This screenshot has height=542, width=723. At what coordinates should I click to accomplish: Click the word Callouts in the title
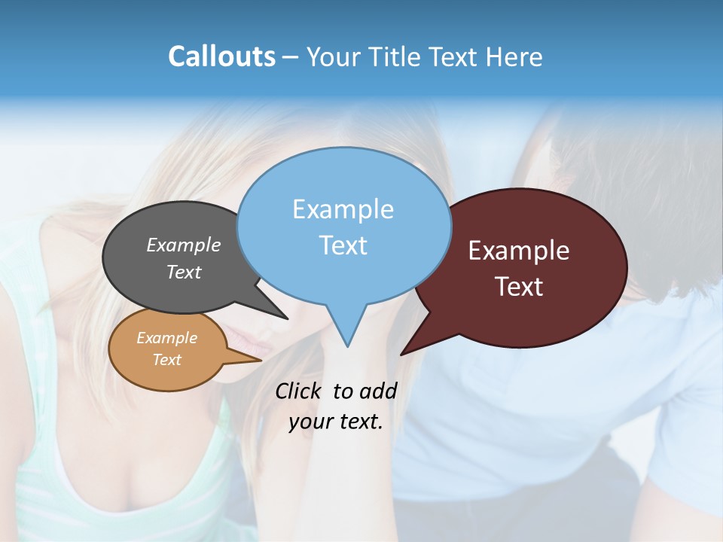(x=221, y=56)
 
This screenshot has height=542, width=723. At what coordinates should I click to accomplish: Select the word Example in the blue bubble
(x=343, y=209)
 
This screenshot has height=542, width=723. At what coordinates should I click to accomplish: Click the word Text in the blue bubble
(x=343, y=245)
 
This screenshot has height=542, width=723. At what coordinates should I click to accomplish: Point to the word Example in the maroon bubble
(x=519, y=251)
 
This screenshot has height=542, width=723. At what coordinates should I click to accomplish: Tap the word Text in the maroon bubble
(x=519, y=287)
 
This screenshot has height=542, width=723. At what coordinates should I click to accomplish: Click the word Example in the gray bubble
(x=184, y=245)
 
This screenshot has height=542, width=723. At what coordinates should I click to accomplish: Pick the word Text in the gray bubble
(x=184, y=272)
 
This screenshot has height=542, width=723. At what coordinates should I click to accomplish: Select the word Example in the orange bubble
(x=166, y=338)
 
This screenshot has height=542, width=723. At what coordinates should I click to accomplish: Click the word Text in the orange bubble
(x=166, y=360)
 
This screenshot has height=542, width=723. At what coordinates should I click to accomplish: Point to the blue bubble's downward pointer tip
(x=347, y=346)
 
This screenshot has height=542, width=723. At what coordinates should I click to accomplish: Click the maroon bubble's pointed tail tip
(x=401, y=354)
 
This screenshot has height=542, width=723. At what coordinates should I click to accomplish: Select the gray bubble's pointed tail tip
(x=287, y=318)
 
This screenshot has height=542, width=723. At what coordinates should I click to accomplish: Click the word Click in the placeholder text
(x=297, y=391)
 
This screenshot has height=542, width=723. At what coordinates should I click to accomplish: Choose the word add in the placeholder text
(x=377, y=391)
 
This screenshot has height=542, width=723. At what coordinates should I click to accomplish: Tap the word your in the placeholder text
(x=311, y=422)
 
